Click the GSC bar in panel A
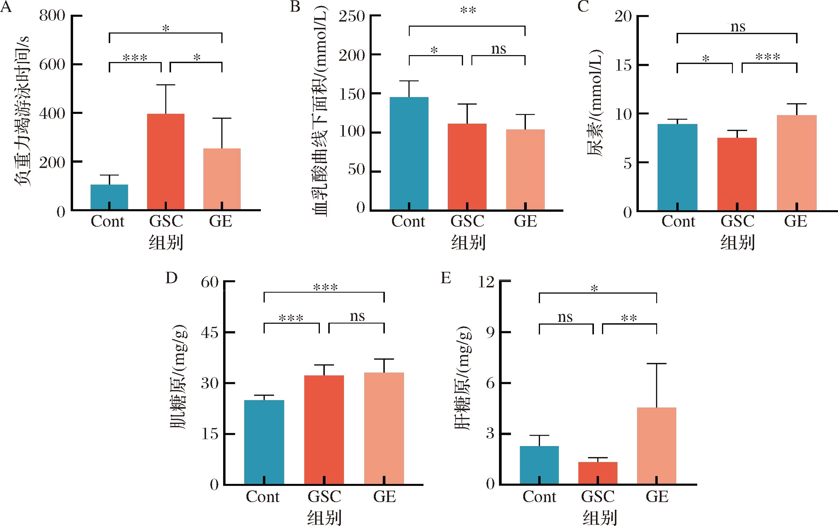166,162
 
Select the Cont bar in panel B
409,153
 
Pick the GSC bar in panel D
324,430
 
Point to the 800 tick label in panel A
52,16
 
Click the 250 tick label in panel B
352,16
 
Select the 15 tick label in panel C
623,65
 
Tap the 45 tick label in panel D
210,333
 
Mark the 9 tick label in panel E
490,333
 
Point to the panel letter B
295,6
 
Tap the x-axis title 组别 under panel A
166,242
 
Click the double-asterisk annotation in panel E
629,318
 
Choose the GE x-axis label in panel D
385,496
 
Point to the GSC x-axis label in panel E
598,496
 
